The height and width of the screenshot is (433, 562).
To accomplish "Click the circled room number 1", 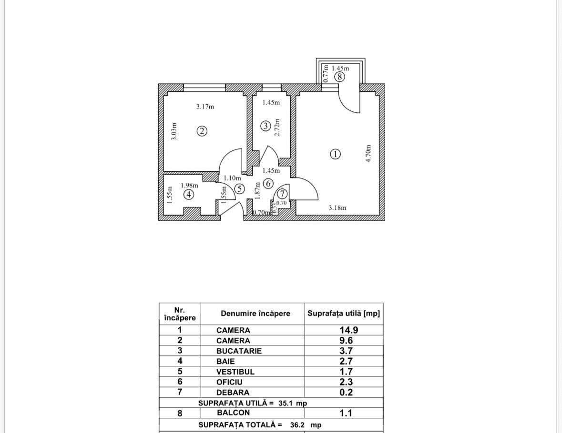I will pos(336,154).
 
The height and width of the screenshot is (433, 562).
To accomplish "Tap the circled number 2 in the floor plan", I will pos(202,131).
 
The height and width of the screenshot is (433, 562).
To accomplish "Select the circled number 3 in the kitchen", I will pos(266,126).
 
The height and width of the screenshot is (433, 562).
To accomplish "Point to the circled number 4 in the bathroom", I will pos(189,194).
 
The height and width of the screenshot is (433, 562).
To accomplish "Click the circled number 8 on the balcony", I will pos(339,77).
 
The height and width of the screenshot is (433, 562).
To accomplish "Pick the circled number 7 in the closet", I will pos(282,194).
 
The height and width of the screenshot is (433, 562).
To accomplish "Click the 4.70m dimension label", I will pos(368,154).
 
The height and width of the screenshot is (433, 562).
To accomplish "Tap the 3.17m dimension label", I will pos(205,107).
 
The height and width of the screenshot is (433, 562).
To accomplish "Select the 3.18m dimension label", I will pos(337,207).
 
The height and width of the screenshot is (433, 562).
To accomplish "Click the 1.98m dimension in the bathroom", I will pos(189,185).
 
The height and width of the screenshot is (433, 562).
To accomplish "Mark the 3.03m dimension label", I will pos(174,131).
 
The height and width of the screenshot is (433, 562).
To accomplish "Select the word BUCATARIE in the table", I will pos(239,351).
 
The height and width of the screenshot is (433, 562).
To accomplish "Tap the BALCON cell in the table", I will pos(232,413).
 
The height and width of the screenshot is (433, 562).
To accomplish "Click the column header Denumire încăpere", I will pos(255,314).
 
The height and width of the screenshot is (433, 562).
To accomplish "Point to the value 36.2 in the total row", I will pos(297,424).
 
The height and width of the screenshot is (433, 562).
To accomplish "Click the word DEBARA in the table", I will pos(233,393).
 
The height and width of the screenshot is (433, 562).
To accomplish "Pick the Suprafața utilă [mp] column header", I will pos(344,314).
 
